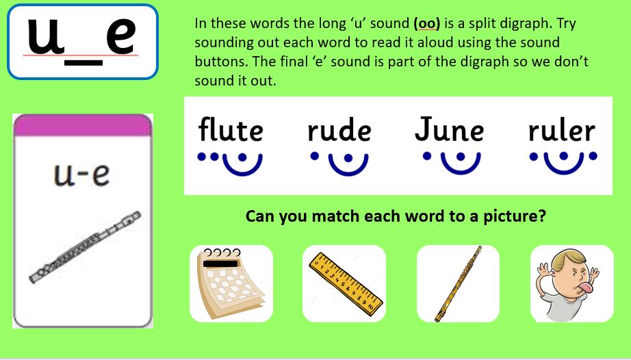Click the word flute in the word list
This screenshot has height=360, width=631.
(231, 129)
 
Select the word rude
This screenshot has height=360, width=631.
(339, 129)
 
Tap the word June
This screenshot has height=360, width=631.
(449, 129)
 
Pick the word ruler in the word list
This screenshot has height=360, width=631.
(562, 129)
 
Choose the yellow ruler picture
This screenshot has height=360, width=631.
(346, 281)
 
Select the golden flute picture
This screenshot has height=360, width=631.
(458, 284)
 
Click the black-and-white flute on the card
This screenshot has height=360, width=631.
(86, 247)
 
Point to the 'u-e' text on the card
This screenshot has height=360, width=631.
(81, 175)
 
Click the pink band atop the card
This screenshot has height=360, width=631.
(83, 125)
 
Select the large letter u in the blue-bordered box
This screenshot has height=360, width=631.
(45, 36)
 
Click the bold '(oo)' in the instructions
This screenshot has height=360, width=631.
(426, 23)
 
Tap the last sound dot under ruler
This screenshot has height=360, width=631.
(593, 156)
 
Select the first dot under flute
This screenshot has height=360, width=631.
(201, 157)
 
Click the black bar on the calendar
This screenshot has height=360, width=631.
(220, 264)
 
